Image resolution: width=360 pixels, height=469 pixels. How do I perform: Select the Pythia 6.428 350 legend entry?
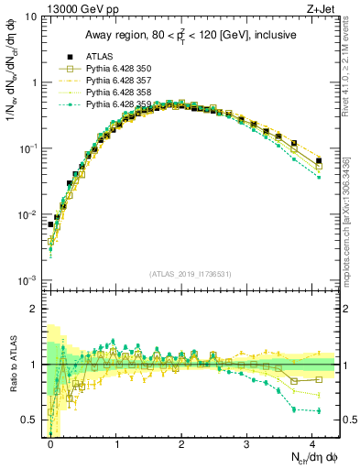[113, 70]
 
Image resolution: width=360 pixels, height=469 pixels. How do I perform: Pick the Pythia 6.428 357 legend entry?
[113, 82]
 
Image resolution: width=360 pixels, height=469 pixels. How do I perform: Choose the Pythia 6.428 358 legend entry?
[113, 93]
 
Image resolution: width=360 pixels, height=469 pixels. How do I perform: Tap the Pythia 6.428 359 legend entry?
[113, 105]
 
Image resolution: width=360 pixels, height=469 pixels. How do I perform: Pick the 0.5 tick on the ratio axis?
[29, 420]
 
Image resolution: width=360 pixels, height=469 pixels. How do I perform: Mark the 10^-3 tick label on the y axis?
[28, 280]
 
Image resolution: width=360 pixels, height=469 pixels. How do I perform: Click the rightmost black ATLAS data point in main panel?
[319, 161]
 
